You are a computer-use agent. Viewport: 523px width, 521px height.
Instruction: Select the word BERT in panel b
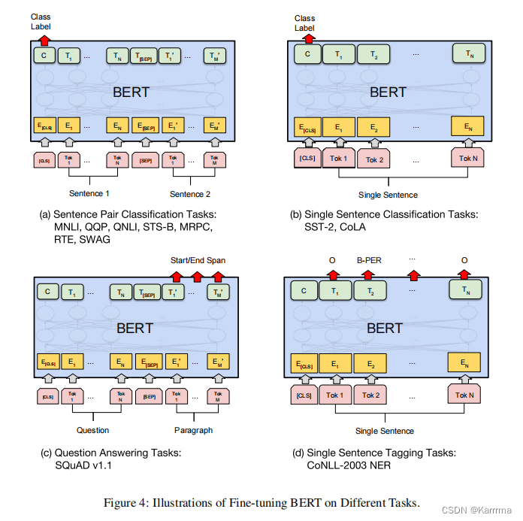click(x=388, y=92)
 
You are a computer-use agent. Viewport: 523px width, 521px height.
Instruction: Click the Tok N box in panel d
click(x=466, y=395)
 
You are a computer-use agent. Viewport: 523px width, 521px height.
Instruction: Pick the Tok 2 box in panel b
click(x=373, y=159)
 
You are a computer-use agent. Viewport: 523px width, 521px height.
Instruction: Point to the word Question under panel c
click(x=92, y=430)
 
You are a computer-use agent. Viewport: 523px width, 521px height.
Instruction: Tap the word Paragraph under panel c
click(x=193, y=430)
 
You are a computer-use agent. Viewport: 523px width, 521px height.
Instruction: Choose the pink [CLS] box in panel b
click(x=307, y=158)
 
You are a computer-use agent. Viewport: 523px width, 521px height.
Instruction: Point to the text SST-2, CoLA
click(x=337, y=227)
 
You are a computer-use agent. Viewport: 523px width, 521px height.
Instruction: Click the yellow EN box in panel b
click(x=467, y=127)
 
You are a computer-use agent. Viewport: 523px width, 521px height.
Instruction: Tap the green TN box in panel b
click(x=468, y=54)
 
